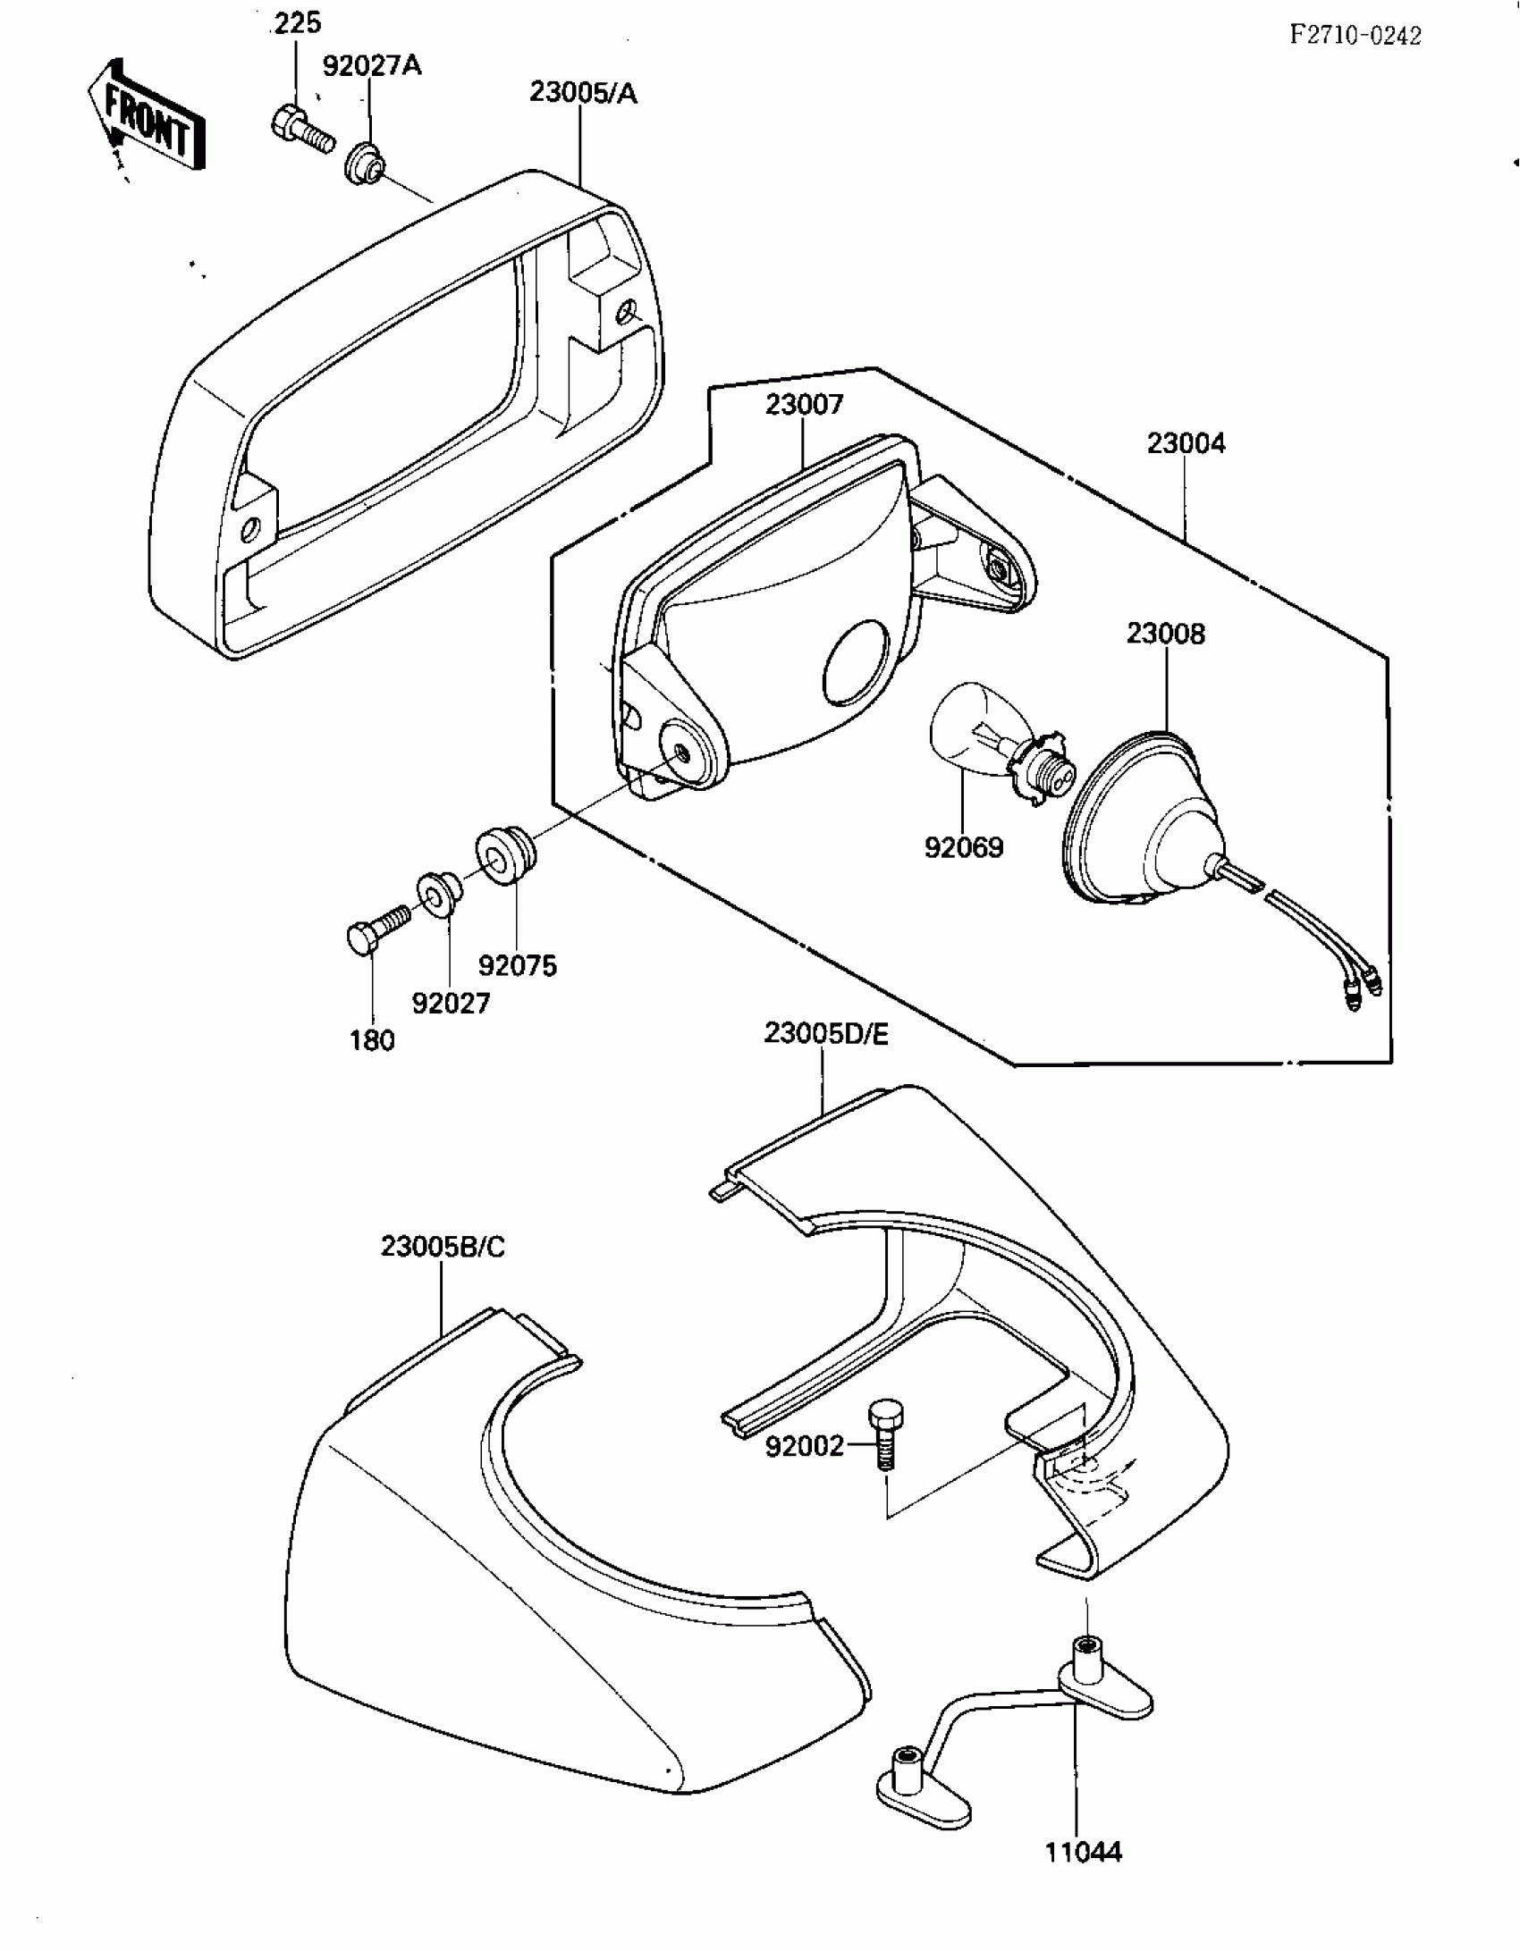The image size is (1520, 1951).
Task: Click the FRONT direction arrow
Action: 148,116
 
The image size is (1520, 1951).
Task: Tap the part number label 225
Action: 296,23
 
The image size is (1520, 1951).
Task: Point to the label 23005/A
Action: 583,92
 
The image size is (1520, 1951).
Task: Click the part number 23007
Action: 804,405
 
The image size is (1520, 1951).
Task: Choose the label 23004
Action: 1186,443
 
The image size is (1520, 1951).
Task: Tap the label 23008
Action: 1165,634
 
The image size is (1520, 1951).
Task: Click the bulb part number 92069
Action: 964,847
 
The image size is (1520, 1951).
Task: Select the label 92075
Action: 517,965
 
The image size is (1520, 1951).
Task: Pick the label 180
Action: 372,1040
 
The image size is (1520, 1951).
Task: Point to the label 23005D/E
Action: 826,1034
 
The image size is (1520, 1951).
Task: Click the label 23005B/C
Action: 443,1247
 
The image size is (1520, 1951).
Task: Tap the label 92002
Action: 804,1446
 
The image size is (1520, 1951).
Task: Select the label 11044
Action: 1083,1853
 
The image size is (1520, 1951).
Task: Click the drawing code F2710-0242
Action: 1355,35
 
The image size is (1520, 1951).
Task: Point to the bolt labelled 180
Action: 376,929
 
